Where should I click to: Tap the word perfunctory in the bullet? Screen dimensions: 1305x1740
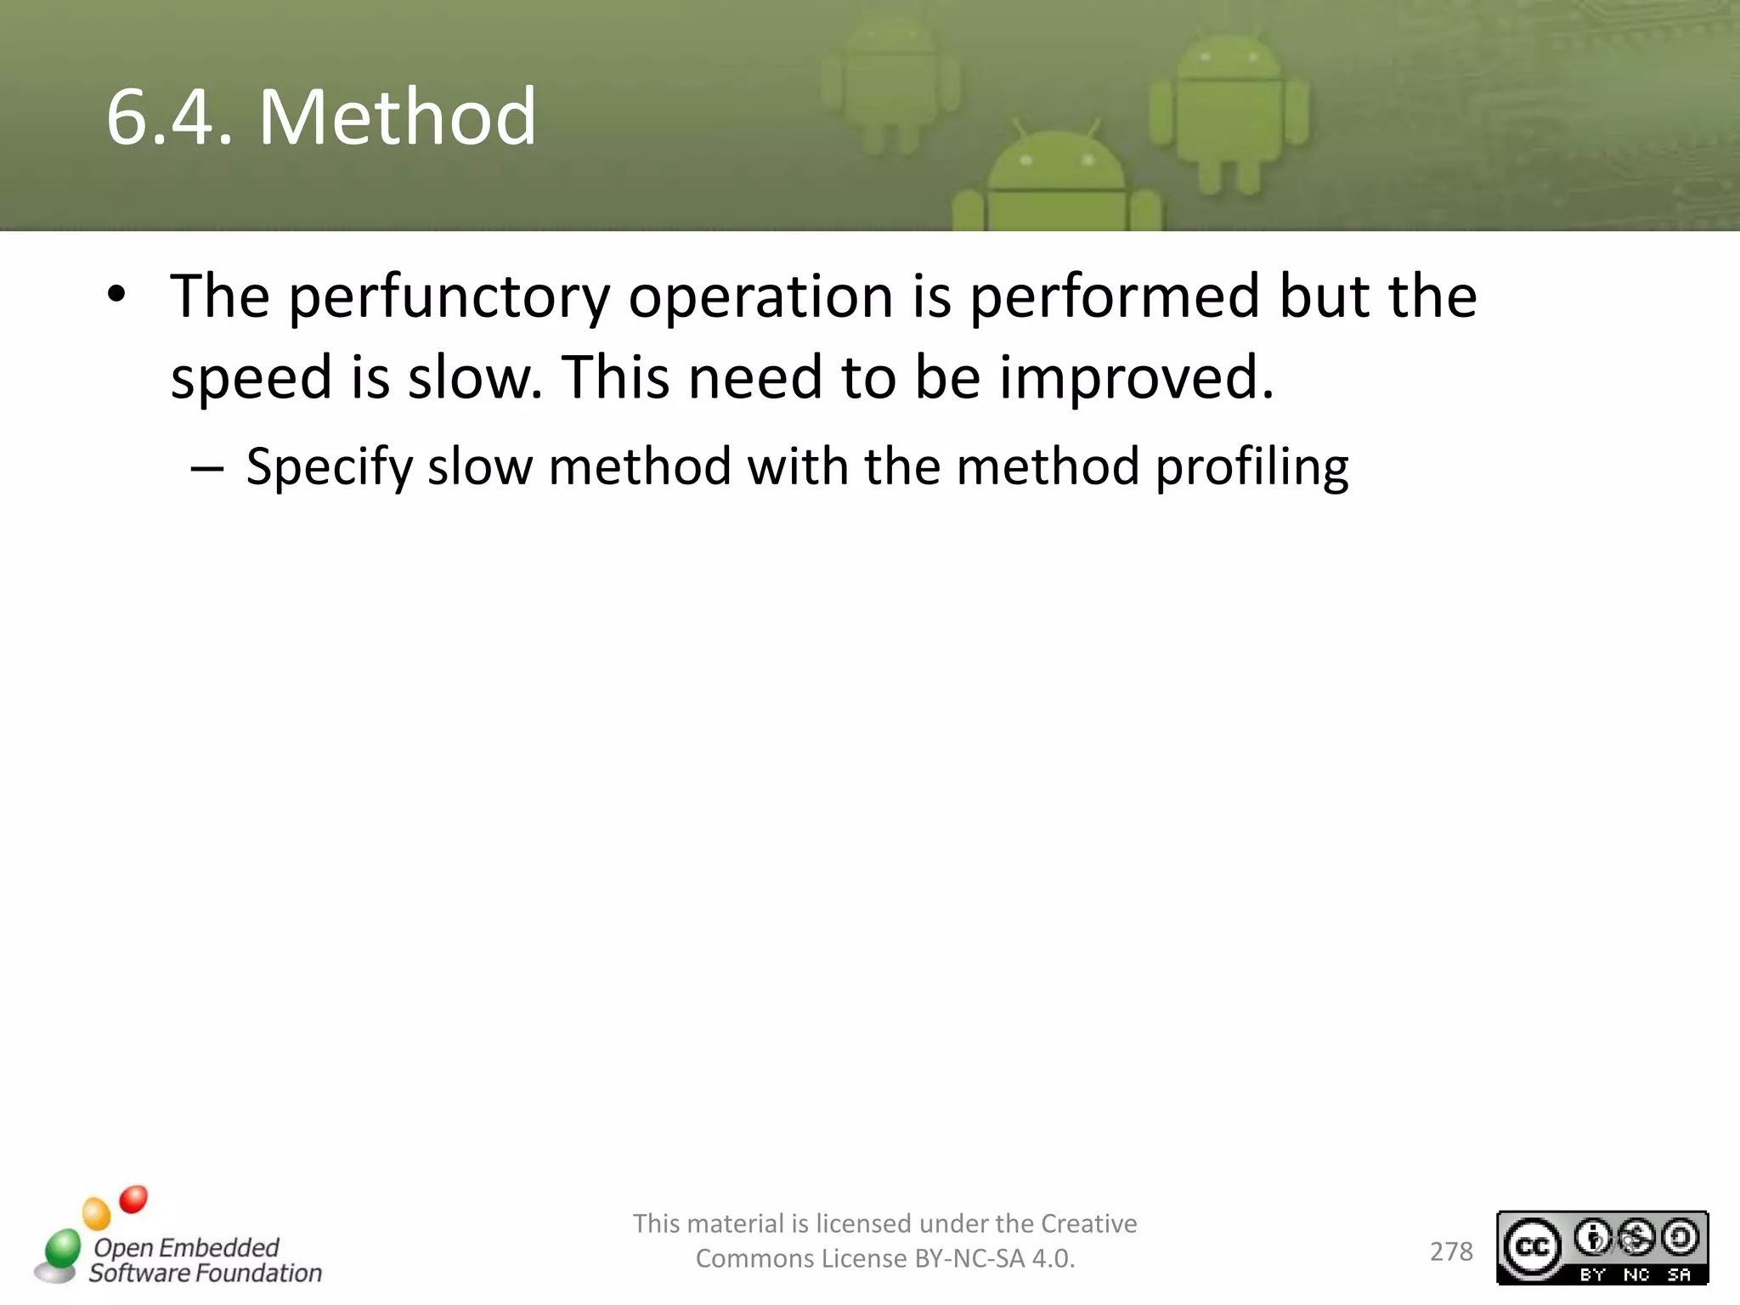click(x=449, y=298)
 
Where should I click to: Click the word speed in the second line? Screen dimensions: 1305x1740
click(x=251, y=378)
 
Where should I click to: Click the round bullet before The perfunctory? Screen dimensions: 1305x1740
click(x=116, y=295)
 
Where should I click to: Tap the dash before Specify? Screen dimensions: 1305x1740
click(x=206, y=468)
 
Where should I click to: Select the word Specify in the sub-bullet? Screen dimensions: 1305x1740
click(x=329, y=468)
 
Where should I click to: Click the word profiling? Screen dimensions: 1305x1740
click(x=1251, y=468)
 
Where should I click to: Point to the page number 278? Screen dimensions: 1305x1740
click(x=1451, y=1251)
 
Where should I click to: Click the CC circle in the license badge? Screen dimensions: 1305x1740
click(x=1532, y=1246)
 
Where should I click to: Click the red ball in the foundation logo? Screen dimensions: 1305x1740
click(x=133, y=1200)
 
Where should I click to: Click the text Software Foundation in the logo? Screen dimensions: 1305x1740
click(x=206, y=1273)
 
